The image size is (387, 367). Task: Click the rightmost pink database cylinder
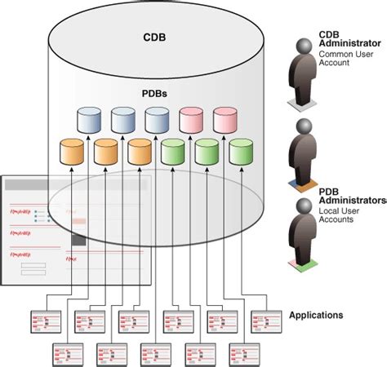225,120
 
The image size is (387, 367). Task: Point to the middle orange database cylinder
106,152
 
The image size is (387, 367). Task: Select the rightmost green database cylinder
242,152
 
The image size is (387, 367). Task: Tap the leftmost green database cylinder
174,152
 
